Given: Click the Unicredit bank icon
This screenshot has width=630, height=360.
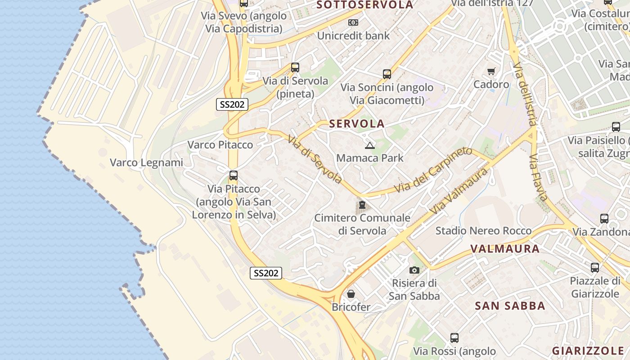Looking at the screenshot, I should [x=353, y=22].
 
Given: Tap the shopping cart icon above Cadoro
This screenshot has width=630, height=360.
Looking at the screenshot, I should [x=491, y=71].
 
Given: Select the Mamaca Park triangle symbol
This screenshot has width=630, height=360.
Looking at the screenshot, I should [x=369, y=145].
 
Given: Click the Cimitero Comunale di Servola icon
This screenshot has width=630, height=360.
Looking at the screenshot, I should [x=362, y=206].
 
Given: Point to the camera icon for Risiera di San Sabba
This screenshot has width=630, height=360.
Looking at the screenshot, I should [x=414, y=270].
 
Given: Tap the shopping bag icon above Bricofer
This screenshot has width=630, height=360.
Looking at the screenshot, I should [x=351, y=294].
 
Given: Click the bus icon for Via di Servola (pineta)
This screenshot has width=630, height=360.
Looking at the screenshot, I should [x=295, y=67].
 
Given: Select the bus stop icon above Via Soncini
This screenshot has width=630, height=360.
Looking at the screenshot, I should [x=387, y=74].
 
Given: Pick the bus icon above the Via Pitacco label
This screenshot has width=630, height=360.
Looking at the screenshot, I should [x=233, y=175].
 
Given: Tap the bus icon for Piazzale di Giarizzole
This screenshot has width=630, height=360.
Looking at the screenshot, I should [x=594, y=268].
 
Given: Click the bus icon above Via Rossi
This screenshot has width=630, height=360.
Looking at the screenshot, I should [x=454, y=337].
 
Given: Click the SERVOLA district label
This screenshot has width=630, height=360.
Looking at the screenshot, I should [x=357, y=124].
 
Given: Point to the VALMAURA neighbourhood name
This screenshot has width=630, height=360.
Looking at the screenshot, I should [x=504, y=248].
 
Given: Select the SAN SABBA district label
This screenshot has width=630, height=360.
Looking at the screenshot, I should [x=510, y=306].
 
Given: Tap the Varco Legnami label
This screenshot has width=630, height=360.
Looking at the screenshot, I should [x=147, y=162].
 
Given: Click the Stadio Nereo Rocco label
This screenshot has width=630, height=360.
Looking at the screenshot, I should [x=483, y=231].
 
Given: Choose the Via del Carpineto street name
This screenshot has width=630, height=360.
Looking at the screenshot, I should [x=433, y=170].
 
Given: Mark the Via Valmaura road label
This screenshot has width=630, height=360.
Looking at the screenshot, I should [x=459, y=191].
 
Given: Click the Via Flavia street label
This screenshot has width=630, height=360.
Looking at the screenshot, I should [x=538, y=178].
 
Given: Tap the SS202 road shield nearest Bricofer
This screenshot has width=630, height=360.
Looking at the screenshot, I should [x=266, y=273].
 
